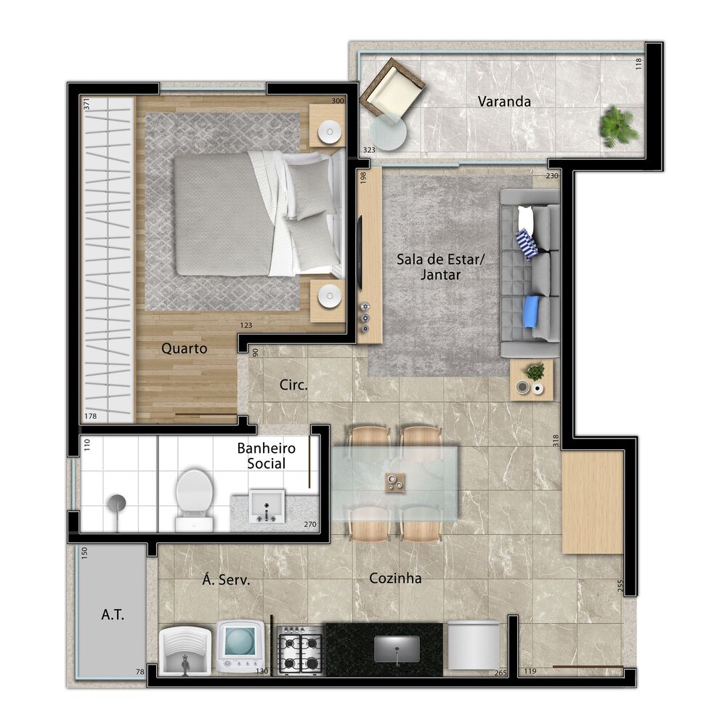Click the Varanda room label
tap(503, 102)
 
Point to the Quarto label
tap(184, 348)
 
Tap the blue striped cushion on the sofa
tap(527, 244)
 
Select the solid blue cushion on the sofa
tap(532, 311)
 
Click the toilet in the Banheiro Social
tap(194, 496)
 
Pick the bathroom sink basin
tap(267, 505)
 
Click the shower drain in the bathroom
tap(116, 502)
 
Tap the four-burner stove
tap(300, 651)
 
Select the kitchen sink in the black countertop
tap(397, 647)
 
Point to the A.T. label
tap(113, 615)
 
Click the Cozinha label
tap(395, 579)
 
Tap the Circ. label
tap(293, 385)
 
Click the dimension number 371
tap(86, 104)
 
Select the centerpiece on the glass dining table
tap(396, 482)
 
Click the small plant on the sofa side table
tap(535, 372)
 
